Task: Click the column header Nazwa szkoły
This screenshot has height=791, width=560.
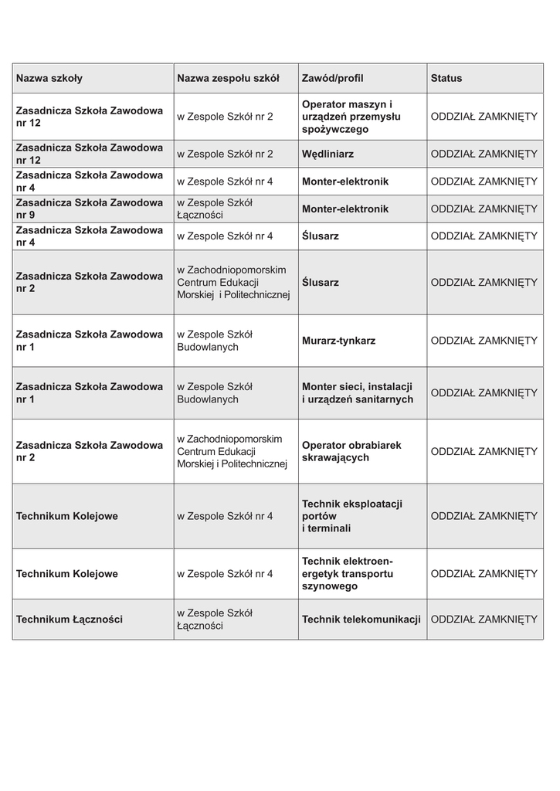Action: (49, 78)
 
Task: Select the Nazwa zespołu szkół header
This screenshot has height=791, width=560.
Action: (228, 78)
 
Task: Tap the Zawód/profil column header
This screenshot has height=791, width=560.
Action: (333, 78)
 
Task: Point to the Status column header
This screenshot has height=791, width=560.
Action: (446, 78)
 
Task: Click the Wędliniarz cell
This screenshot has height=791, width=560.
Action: (328, 154)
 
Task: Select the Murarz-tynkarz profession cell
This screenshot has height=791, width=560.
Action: (339, 341)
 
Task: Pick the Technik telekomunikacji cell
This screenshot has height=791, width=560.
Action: (361, 620)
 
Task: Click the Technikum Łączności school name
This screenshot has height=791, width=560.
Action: (70, 620)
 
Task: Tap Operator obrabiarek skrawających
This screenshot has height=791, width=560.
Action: (351, 451)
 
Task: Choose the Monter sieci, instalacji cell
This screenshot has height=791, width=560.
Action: (358, 392)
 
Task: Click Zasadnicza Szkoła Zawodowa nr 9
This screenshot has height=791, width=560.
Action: (89, 209)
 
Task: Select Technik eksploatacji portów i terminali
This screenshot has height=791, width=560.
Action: (352, 516)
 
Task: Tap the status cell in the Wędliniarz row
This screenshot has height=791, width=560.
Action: (484, 154)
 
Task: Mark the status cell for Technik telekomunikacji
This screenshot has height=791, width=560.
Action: (484, 620)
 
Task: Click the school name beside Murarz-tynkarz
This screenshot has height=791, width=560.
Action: (89, 341)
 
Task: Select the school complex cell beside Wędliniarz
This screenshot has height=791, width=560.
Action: (225, 154)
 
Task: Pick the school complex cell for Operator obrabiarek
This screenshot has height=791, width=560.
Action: (232, 451)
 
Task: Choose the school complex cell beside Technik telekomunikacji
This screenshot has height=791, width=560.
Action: (215, 620)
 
